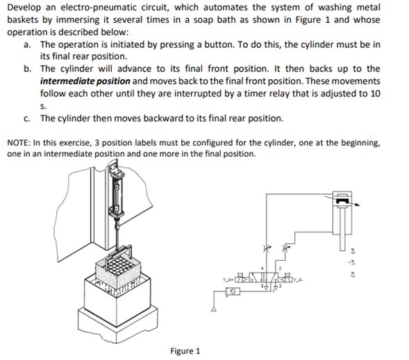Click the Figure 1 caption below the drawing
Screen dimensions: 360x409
185,350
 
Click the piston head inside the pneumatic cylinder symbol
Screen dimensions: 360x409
342,203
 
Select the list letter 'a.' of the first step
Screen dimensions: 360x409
26,44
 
